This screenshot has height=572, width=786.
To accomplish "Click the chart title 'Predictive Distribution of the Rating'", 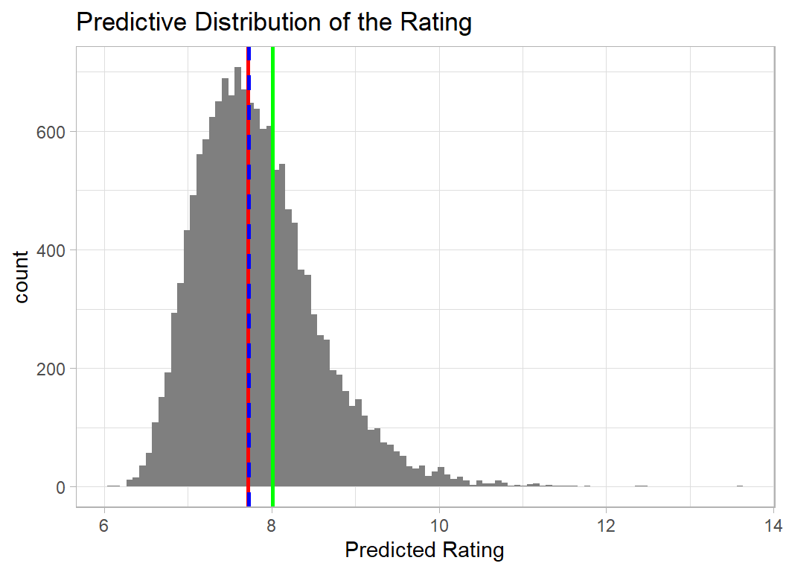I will tap(274, 22).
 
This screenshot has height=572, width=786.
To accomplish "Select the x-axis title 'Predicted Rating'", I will tap(425, 551).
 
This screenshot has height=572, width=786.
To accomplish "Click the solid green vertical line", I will tap(273, 298).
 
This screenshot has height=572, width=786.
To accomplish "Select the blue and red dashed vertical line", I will tap(248, 298).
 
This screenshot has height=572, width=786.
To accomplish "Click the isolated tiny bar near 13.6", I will tap(740, 486).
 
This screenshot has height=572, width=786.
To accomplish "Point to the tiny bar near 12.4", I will tap(641, 486).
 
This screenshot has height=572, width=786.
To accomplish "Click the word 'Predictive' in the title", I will tap(130, 22).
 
